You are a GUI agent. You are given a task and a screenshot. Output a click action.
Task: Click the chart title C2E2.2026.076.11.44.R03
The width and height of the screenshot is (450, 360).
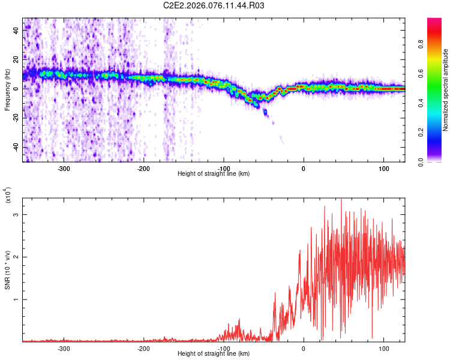[214, 5]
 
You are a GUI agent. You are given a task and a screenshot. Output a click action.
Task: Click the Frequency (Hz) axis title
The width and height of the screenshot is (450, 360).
[7, 90]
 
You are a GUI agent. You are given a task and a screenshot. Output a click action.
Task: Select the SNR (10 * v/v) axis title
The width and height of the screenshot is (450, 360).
[7, 270]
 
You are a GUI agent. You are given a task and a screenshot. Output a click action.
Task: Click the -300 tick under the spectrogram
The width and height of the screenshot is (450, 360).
[64, 169]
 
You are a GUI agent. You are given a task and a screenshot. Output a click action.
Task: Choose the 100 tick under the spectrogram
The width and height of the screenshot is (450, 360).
[383, 169]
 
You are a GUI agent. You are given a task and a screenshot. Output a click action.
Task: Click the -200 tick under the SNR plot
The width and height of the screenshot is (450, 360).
[143, 348]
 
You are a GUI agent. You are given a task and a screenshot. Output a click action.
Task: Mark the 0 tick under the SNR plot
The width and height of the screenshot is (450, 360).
[304, 348]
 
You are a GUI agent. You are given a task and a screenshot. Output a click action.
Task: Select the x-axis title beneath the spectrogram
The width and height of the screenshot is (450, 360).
[214, 174]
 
